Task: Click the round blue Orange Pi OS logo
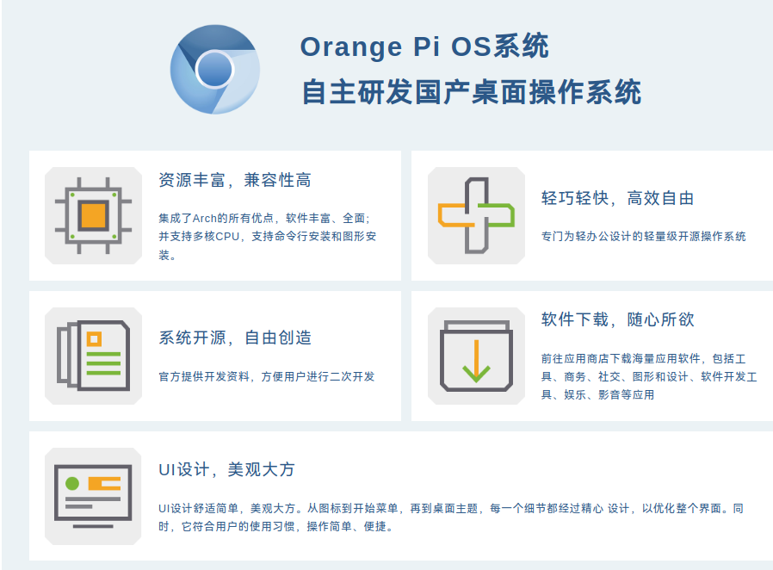(215, 70)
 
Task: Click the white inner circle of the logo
(214, 69)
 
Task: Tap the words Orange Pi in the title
(369, 46)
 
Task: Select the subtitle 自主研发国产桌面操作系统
(472, 92)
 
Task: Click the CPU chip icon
(93, 215)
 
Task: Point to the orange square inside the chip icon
(93, 215)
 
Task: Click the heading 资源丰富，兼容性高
(235, 180)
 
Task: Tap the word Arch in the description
(204, 219)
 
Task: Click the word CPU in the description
(227, 237)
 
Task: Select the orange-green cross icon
(476, 215)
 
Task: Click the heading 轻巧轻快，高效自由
(618, 198)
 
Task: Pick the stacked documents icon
(93, 356)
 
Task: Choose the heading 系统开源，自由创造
(235, 338)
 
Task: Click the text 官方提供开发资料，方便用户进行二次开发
(266, 377)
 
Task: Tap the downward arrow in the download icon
(476, 362)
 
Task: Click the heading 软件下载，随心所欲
(618, 319)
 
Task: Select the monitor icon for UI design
(93, 496)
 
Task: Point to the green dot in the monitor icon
(72, 484)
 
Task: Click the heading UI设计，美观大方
(226, 469)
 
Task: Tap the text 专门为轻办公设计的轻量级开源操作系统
(643, 237)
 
